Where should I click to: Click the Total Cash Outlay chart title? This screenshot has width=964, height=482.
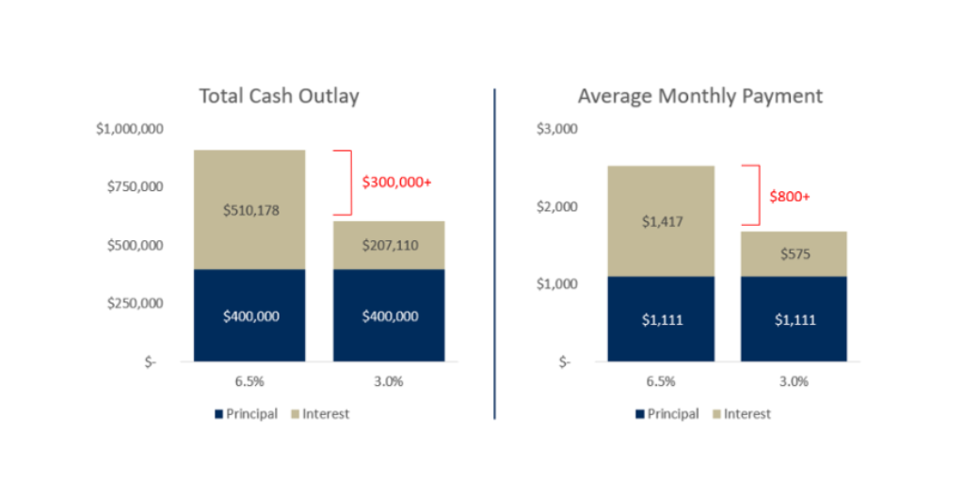click(x=279, y=96)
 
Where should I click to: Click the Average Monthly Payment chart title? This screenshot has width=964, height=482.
click(x=700, y=96)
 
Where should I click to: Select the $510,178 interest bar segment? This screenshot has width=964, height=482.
click(x=249, y=210)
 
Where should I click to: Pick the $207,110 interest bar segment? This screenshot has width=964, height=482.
click(x=390, y=246)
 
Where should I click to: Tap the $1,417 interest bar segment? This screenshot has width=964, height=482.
click(x=660, y=222)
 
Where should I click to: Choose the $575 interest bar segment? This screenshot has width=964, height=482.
click(x=794, y=254)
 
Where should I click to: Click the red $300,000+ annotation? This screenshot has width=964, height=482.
click(x=396, y=182)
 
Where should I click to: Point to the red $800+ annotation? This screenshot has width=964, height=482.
click(x=790, y=196)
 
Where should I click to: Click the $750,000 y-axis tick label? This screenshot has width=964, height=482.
click(x=137, y=186)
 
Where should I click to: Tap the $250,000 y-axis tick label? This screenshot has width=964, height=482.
click(x=137, y=303)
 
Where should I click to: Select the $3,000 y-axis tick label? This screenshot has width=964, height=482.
click(x=555, y=128)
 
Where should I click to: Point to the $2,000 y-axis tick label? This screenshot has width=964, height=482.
click(x=555, y=206)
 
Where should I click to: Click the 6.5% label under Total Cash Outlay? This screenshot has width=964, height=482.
click(x=249, y=381)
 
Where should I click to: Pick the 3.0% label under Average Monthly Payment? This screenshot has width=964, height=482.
click(x=794, y=381)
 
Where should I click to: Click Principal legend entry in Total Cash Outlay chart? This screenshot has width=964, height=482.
click(x=246, y=413)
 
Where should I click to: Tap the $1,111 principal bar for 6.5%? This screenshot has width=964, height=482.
click(x=660, y=320)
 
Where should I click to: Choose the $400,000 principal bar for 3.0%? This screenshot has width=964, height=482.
click(x=390, y=316)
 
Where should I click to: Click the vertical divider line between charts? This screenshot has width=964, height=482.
click(x=495, y=254)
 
